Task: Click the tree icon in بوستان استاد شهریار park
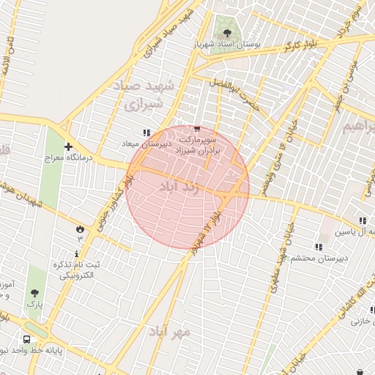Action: pos(227,32)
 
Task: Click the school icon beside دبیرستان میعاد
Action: pos(146,133)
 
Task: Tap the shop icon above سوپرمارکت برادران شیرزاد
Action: pos(196,129)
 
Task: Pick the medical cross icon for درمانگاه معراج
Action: pos(68,146)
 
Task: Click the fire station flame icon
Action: pos(79,229)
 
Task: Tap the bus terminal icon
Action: pos(27,340)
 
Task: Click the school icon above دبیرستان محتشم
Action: pos(318,247)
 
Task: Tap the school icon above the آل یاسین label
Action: pos(363,221)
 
